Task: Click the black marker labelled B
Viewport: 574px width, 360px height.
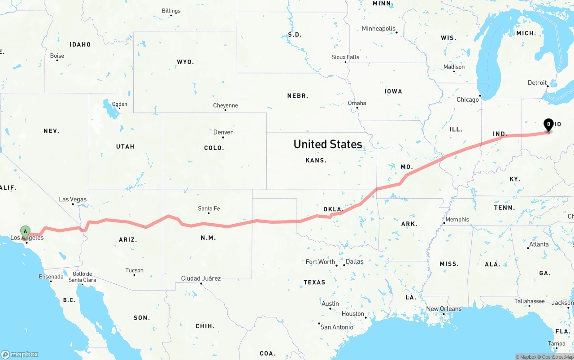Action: coord(548,124)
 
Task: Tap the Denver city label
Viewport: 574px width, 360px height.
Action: coord(223,132)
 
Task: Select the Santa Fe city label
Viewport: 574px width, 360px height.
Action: coord(209,208)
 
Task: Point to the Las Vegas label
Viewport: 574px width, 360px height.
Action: coord(73,200)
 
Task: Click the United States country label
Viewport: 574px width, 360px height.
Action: coord(328,144)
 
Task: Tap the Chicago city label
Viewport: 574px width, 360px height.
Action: coord(468,100)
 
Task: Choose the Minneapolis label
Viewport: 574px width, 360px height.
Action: coord(379,29)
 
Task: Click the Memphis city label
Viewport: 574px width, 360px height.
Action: coord(457,219)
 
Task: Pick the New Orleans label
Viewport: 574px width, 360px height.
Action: coord(444,308)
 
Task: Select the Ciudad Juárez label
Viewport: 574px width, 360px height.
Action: coord(200,278)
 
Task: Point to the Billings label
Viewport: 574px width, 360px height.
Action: coord(171,11)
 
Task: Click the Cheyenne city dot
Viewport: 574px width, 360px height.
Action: coord(225,110)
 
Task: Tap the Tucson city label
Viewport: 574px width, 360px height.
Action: coord(135,270)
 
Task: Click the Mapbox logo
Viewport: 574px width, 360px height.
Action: coord(20,354)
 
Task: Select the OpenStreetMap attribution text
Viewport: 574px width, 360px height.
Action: coord(557,357)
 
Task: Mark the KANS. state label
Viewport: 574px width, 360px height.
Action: coord(316,160)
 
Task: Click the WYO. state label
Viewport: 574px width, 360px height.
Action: coord(185,62)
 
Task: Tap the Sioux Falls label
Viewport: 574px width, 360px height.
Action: coord(345,57)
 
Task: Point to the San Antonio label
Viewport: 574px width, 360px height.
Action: coord(337,327)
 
